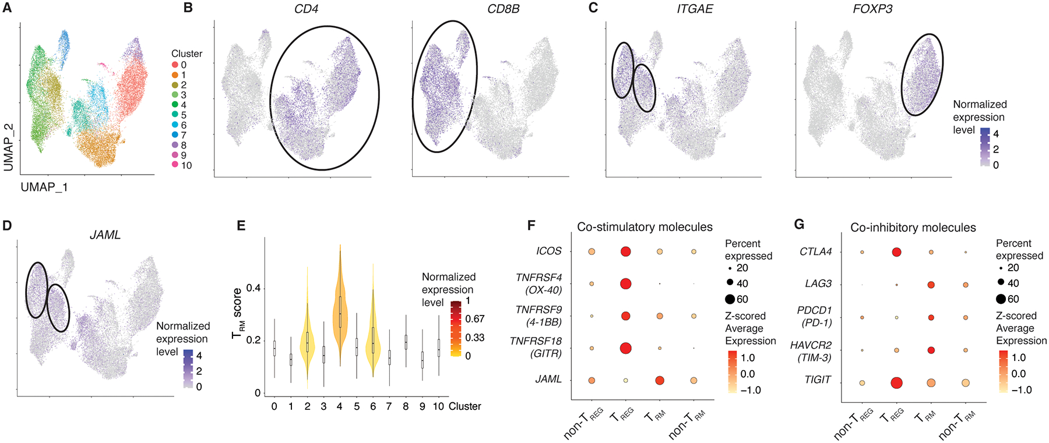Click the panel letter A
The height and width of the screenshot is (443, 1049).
[x=7, y=9]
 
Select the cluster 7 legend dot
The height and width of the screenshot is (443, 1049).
[x=175, y=135]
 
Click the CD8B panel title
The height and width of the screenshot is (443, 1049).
[x=503, y=9]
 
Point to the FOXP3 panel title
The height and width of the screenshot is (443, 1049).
[x=872, y=9]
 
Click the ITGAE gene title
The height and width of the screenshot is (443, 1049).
[x=695, y=9]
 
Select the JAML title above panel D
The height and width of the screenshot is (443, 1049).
[x=105, y=235]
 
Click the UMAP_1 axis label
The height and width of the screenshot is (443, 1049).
[x=44, y=187]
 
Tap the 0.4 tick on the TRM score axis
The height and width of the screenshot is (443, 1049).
[x=253, y=288]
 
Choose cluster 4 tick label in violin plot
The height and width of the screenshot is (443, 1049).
[x=339, y=406]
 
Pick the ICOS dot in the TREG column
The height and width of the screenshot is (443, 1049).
[x=625, y=251]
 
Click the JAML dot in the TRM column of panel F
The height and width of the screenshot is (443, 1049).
[x=660, y=380]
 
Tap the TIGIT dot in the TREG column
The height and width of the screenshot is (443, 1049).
[x=896, y=382]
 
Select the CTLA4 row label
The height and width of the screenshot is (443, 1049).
[x=816, y=252]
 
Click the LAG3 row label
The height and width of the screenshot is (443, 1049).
[x=818, y=283]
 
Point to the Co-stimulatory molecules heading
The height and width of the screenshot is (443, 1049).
[x=645, y=227]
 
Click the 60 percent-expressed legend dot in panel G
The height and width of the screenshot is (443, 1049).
[x=1001, y=299]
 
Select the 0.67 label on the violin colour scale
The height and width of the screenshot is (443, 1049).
[x=474, y=319]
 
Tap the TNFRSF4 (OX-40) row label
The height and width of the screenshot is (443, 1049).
[x=538, y=283]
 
